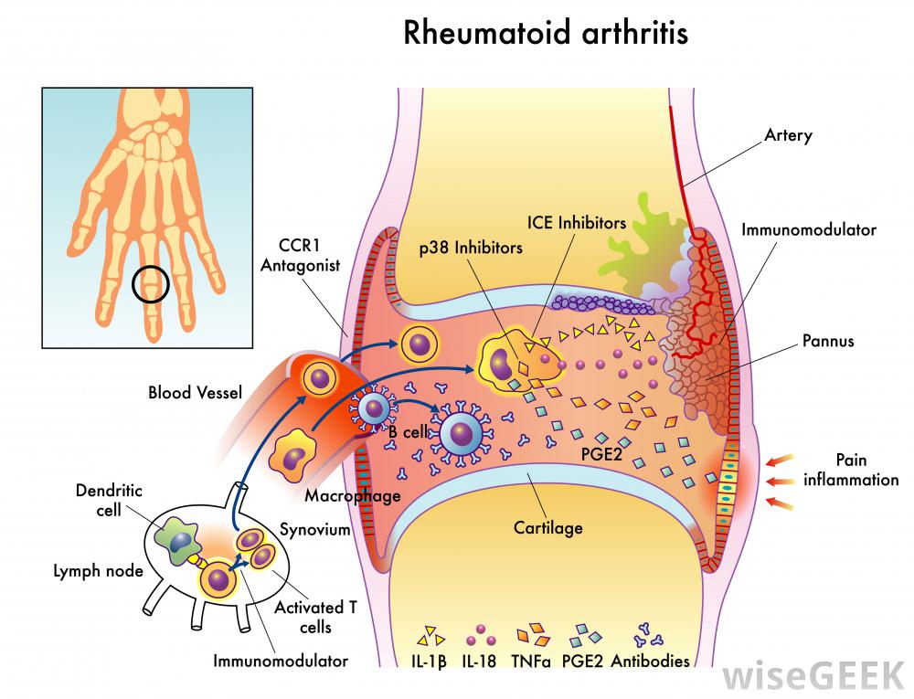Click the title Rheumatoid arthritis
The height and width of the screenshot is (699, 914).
(x=546, y=34)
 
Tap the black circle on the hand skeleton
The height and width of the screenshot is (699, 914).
(x=151, y=285)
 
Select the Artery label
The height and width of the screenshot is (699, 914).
(x=787, y=135)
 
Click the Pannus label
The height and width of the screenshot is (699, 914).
(x=827, y=341)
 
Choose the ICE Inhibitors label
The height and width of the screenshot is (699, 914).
(x=577, y=222)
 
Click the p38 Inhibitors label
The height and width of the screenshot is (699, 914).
(x=472, y=247)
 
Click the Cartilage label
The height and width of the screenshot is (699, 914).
(x=547, y=527)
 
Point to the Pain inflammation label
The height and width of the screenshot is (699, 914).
(x=850, y=470)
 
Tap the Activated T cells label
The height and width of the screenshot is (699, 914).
(x=316, y=617)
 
